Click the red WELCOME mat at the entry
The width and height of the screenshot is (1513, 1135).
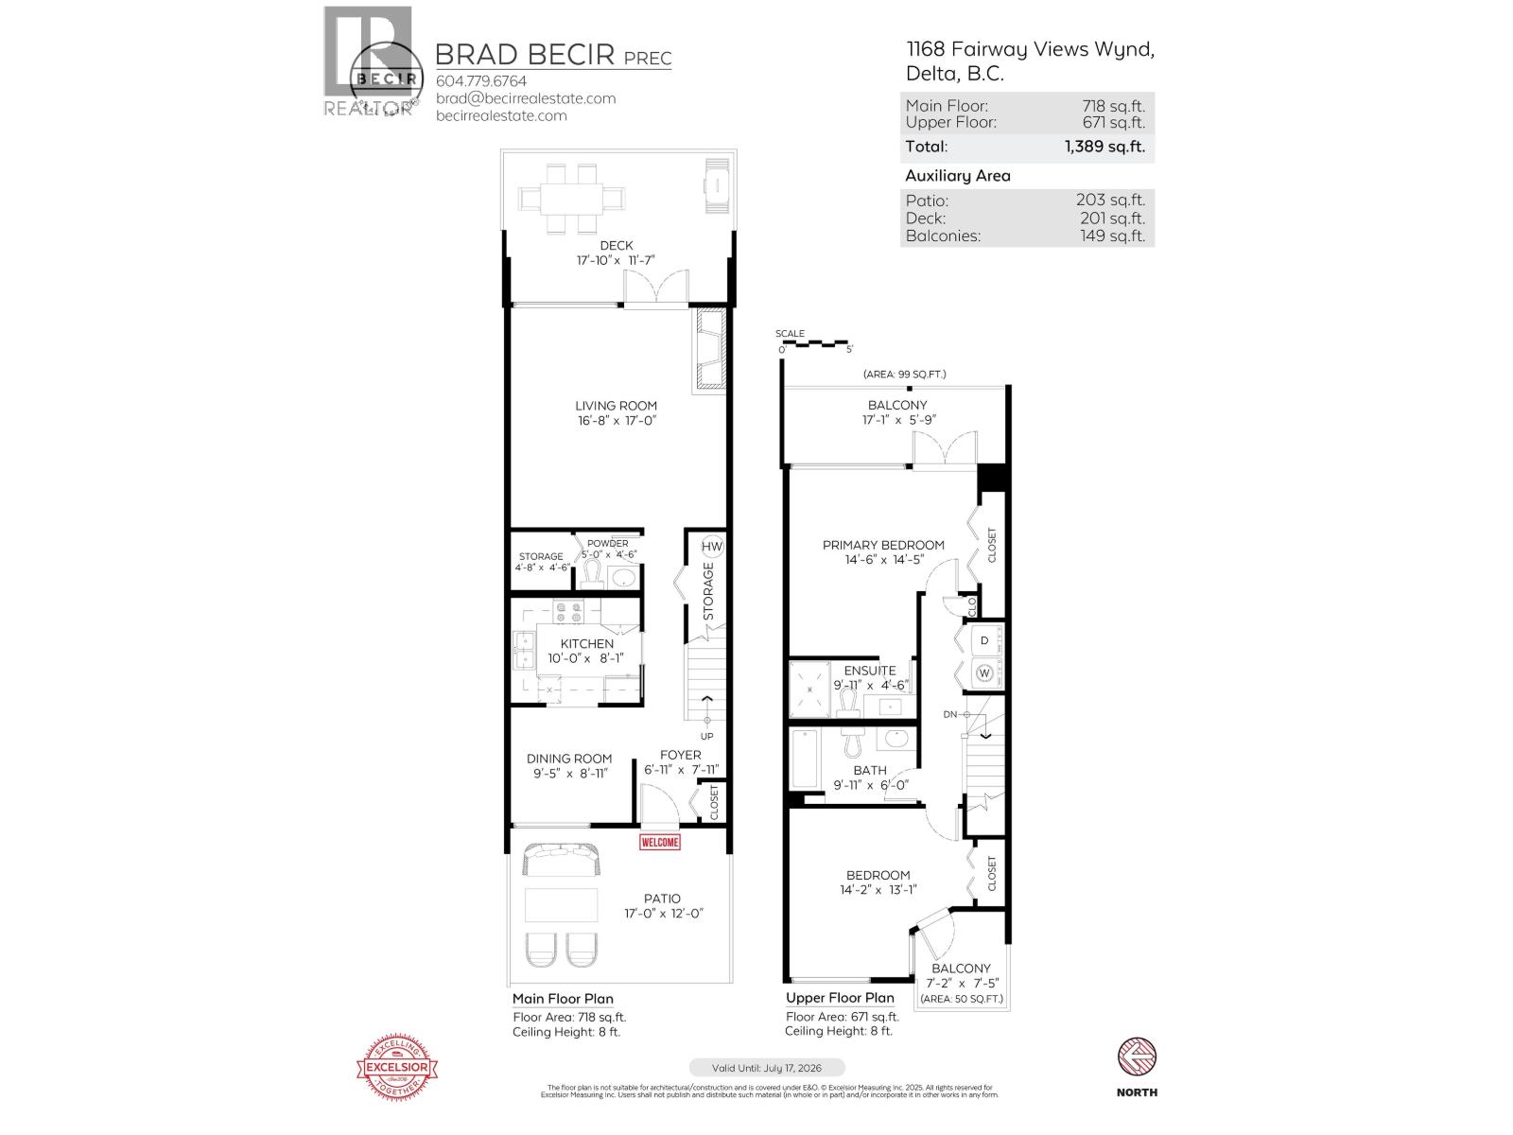point(659,842)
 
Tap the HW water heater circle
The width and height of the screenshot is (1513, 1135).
point(711,547)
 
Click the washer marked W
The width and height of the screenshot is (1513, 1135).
point(983,673)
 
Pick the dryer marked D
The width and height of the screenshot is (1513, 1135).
point(983,641)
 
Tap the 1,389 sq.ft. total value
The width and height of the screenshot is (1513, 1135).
point(1104,147)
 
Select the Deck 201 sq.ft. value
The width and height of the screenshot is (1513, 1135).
point(1112,218)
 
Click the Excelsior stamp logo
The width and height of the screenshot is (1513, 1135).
point(397,1068)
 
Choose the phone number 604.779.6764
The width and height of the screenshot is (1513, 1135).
point(480,81)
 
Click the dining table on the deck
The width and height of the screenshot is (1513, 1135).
point(571,199)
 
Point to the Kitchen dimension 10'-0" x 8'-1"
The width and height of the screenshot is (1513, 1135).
point(586,659)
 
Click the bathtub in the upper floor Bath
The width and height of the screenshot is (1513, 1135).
point(804,759)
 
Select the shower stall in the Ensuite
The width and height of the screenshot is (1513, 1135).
point(810,689)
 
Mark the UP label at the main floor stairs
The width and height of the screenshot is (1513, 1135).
point(706,737)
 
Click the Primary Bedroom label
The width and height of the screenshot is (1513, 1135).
point(883,545)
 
